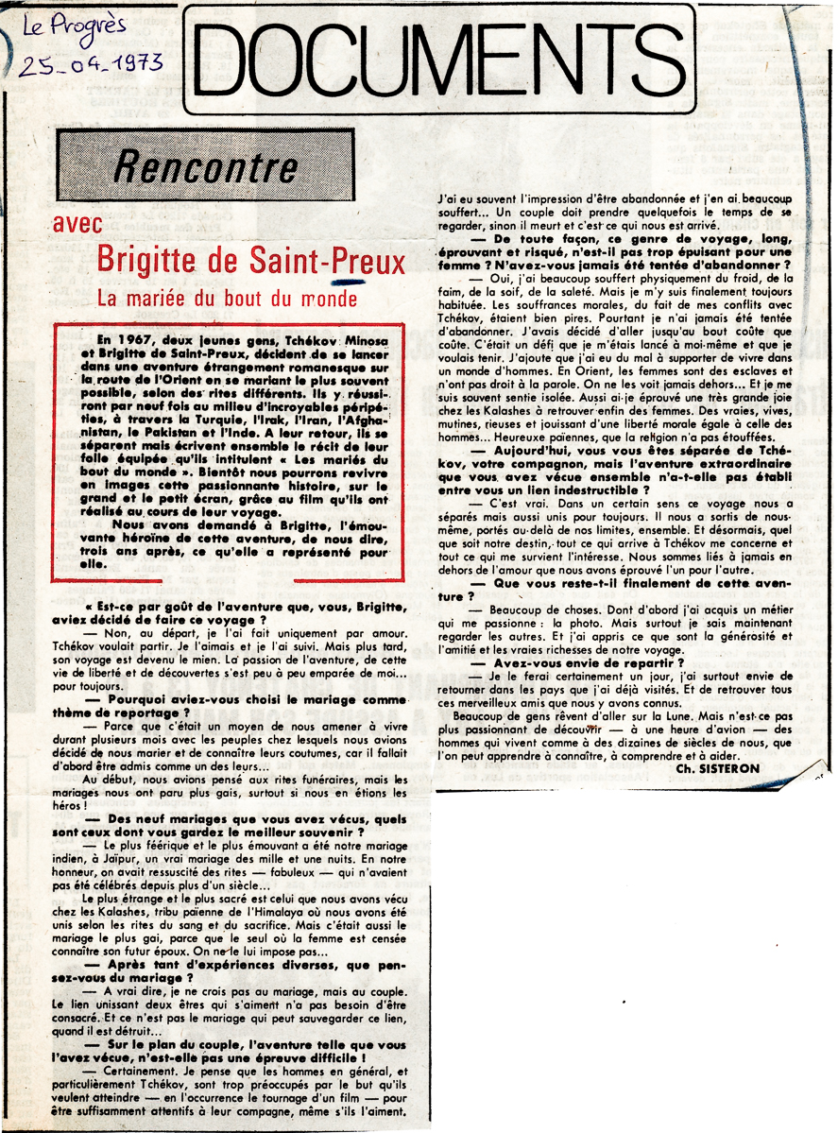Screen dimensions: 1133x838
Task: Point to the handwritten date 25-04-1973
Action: click(x=89, y=65)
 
